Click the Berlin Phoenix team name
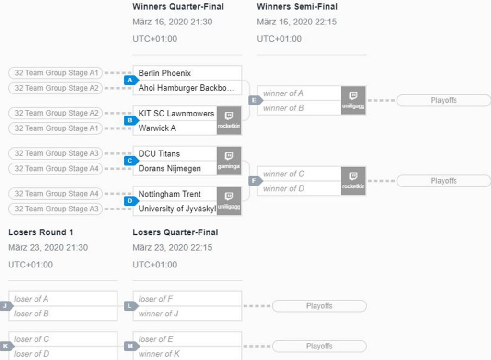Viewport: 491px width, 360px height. [165, 73]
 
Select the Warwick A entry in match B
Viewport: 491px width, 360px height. [157, 128]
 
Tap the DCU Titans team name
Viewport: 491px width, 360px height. [159, 154]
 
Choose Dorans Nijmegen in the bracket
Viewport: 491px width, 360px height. [170, 168]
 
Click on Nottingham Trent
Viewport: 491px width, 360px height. [169, 194]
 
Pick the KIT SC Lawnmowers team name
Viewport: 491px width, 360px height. [176, 113]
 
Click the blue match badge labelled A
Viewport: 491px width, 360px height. [131, 80]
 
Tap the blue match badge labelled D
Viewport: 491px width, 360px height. [131, 201]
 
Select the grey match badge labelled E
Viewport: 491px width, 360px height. [256, 100]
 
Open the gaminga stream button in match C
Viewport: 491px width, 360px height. [229, 161]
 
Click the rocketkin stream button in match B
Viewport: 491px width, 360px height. [229, 120]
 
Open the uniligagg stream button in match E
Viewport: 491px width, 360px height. [353, 100]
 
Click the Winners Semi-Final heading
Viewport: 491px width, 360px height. [297, 7]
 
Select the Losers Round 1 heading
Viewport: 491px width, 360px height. [41, 232]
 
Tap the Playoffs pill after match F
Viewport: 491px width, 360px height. [444, 181]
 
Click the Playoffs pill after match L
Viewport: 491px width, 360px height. [319, 306]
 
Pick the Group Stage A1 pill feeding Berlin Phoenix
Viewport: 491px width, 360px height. [56, 73]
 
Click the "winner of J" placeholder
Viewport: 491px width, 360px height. [158, 314]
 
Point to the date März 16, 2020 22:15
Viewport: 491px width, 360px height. [297, 22]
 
